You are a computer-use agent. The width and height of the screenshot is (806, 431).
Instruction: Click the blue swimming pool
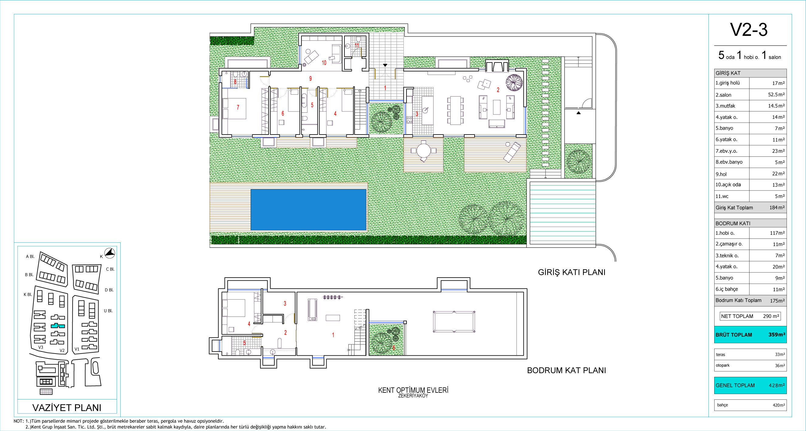[308, 210]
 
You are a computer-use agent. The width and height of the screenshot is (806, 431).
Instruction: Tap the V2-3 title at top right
[749, 30]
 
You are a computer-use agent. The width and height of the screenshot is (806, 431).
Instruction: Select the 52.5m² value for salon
[776, 94]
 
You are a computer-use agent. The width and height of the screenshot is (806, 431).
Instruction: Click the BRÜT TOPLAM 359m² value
[777, 334]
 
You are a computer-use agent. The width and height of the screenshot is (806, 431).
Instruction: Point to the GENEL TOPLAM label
[735, 385]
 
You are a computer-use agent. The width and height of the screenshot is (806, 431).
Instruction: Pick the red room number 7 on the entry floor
[238, 107]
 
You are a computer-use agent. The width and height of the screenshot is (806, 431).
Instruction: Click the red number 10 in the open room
[324, 63]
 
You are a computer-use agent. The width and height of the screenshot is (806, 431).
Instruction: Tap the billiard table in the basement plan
[454, 321]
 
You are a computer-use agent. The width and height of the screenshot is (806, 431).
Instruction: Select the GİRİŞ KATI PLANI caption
[572, 272]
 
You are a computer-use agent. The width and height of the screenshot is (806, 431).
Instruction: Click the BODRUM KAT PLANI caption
[567, 370]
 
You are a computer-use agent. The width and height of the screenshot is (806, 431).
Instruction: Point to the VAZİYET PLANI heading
[67, 408]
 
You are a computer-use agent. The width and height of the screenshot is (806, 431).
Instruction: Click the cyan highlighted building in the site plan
[58, 326]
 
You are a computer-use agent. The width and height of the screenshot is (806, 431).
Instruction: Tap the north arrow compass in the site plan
[109, 253]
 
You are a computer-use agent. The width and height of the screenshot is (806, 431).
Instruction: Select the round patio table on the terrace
[423, 151]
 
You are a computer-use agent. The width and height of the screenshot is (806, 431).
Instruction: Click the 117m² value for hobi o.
[777, 233]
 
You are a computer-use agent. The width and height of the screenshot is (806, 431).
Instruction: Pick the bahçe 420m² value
[779, 405]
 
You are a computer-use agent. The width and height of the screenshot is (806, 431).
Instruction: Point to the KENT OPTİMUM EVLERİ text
[413, 390]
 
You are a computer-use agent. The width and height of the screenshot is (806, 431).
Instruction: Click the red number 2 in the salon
[498, 90]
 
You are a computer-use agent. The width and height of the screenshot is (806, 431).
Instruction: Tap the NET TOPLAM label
[737, 316]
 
